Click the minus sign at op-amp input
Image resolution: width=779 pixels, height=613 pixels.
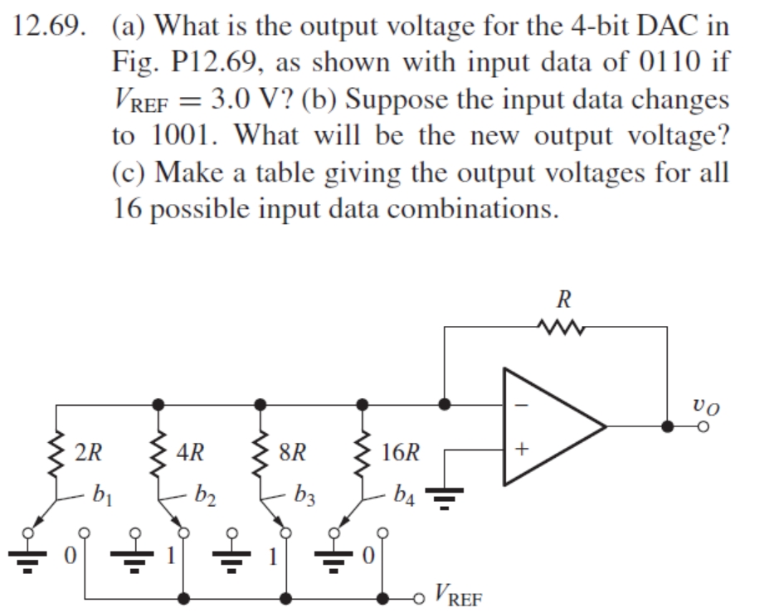coord(522,406)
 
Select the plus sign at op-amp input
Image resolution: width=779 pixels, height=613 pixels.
coord(521,451)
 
